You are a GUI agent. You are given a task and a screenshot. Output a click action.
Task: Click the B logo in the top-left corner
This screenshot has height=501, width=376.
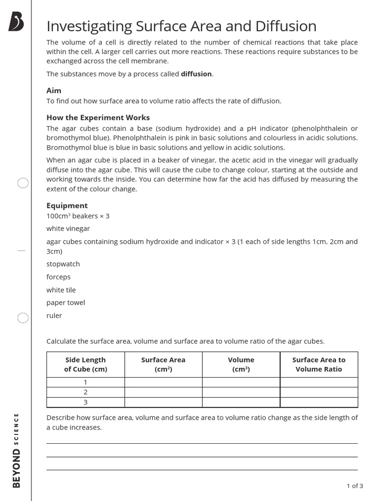coord(16,23)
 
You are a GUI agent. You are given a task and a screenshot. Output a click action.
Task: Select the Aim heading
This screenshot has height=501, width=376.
coord(54,91)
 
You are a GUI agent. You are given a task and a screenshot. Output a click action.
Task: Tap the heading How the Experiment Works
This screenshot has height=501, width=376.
coord(98,117)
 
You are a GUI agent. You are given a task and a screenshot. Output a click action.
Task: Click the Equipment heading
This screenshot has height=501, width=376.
coord(67,205)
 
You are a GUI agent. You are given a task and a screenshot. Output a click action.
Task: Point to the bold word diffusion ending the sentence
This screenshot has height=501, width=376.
coord(196,74)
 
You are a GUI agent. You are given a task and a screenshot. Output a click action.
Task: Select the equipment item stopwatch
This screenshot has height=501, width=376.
coord(63,264)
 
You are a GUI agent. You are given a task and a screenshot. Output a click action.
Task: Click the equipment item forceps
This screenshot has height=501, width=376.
coord(58,277)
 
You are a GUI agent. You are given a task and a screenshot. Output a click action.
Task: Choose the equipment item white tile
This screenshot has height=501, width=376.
coord(61,290)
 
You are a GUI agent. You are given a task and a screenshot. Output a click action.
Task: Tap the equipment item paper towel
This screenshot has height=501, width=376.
coord(66,303)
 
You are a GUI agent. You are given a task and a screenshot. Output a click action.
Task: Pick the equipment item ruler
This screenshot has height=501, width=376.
coord(54,316)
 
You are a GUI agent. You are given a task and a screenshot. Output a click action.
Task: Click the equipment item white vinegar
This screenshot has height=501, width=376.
coord(68,228)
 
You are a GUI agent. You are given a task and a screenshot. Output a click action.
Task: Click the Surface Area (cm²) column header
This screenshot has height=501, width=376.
coord(164,364)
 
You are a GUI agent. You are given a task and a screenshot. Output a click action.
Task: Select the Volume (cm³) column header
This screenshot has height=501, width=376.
coord(241,364)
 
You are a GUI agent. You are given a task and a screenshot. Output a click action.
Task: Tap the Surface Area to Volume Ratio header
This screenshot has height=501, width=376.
coord(319,364)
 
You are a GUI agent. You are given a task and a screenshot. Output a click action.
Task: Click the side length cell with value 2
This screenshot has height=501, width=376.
coord(86,392)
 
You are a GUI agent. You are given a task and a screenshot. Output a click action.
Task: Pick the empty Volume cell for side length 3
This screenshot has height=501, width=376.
coord(241,402)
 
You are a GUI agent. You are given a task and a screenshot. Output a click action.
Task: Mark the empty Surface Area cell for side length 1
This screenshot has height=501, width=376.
coord(164,383)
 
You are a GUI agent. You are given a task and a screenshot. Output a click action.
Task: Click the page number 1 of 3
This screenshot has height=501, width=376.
coord(354,486)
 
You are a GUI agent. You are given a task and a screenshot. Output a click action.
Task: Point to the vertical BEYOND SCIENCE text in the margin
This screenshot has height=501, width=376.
coord(17,450)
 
